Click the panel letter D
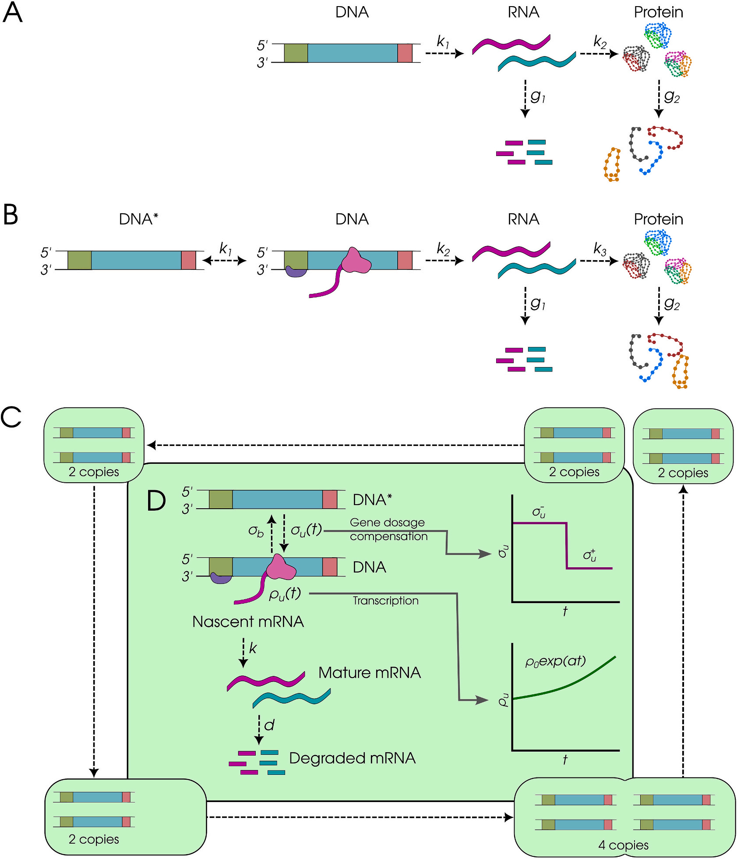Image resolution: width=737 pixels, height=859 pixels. [156, 501]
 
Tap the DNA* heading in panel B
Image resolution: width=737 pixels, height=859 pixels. [138, 219]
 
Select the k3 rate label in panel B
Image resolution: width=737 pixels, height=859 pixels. [600, 249]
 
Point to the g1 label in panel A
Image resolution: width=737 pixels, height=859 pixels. [538, 96]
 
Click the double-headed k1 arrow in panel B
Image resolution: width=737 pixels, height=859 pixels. [225, 261]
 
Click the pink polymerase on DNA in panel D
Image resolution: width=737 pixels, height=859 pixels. [281, 567]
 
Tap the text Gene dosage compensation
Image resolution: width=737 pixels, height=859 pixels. [388, 529]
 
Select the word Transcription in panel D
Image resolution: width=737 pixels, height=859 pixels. [385, 601]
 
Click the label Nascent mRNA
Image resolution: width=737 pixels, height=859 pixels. [248, 622]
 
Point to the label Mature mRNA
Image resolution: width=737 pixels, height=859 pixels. [370, 672]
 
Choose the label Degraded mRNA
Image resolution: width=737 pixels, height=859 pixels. [352, 758]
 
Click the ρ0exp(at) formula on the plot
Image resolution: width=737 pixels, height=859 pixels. [555, 661]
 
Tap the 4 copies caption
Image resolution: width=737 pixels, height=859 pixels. [623, 845]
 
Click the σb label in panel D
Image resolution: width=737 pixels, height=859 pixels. [256, 531]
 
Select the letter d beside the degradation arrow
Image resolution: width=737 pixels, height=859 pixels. [269, 725]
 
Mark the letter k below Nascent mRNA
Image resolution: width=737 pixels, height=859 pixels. [253, 648]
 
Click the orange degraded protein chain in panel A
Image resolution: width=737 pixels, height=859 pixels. [612, 165]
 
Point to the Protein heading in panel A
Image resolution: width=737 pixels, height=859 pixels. [658, 12]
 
